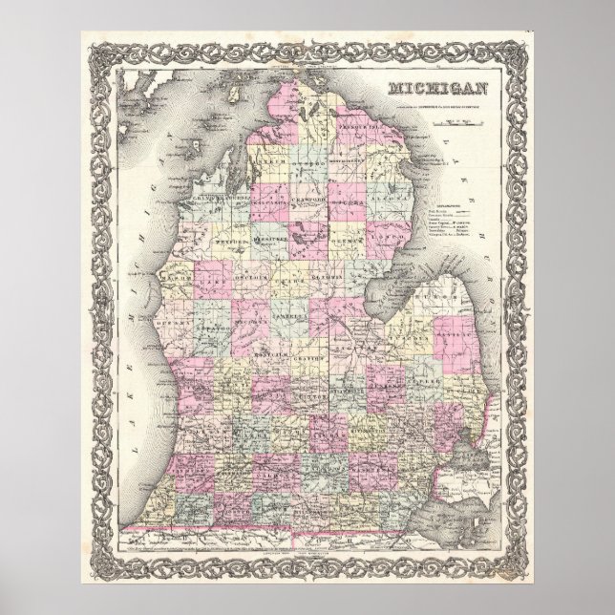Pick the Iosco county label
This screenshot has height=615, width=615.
point(386,233)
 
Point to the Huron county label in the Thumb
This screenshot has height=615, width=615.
point(439,295)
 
